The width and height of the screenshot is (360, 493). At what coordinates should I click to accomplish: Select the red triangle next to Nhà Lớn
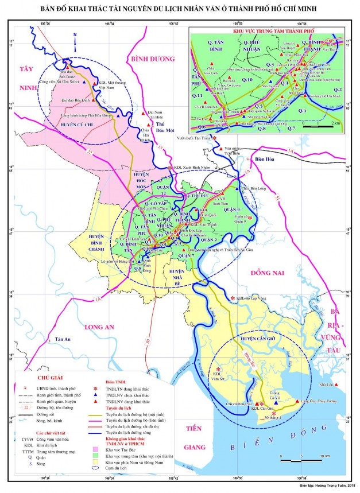(336, 385)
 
